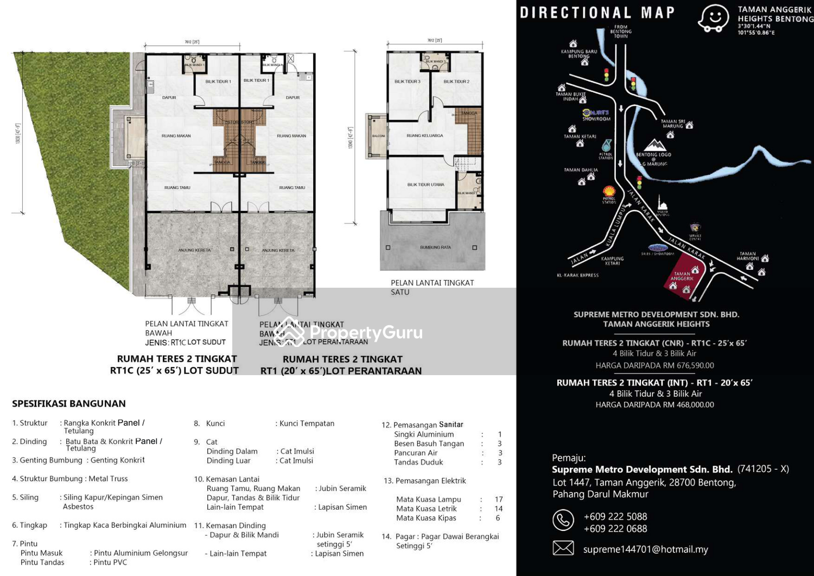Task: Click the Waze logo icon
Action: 713,18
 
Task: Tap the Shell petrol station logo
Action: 609,191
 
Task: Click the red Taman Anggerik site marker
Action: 684,277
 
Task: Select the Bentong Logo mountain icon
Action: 654,145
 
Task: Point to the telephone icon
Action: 563,520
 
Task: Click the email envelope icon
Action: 563,548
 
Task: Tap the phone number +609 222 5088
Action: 615,516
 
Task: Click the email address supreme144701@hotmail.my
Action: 645,549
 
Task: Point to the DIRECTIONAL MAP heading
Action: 597,12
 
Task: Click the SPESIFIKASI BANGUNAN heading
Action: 69,403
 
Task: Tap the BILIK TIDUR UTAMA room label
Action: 425,185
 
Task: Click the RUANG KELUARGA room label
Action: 424,136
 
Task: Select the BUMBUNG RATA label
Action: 435,248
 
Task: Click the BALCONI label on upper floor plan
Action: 378,136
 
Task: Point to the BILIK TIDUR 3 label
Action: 407,81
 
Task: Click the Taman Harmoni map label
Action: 747,256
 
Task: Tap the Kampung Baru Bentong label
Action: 578,54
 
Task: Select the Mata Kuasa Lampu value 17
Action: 498,499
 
